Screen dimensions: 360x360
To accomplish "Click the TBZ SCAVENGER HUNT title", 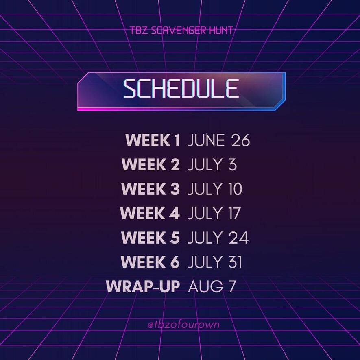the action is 181,31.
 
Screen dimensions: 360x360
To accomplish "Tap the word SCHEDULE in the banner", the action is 181,89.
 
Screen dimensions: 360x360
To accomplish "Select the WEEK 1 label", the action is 153,140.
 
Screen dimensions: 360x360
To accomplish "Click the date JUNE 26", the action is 218,140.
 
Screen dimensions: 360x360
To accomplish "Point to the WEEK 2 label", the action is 151,164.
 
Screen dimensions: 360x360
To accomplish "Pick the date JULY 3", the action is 212,165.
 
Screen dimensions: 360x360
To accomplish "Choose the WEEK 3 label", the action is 151,189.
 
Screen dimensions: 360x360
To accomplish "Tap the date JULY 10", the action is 215,189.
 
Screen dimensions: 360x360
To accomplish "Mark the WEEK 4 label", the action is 150,213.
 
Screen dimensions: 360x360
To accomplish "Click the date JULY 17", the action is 214,213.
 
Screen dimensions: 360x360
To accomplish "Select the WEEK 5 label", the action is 151,238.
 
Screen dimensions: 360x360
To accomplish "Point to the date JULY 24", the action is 218,238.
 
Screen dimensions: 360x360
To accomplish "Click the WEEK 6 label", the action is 150,262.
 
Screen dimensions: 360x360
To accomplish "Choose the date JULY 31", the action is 215,262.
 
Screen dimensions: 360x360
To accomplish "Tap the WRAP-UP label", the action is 143,286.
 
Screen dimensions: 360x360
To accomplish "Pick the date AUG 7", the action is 212,286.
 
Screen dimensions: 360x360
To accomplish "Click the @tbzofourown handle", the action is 183,324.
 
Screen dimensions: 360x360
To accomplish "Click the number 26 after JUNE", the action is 240,140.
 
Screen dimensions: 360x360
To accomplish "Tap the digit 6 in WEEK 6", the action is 175,262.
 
